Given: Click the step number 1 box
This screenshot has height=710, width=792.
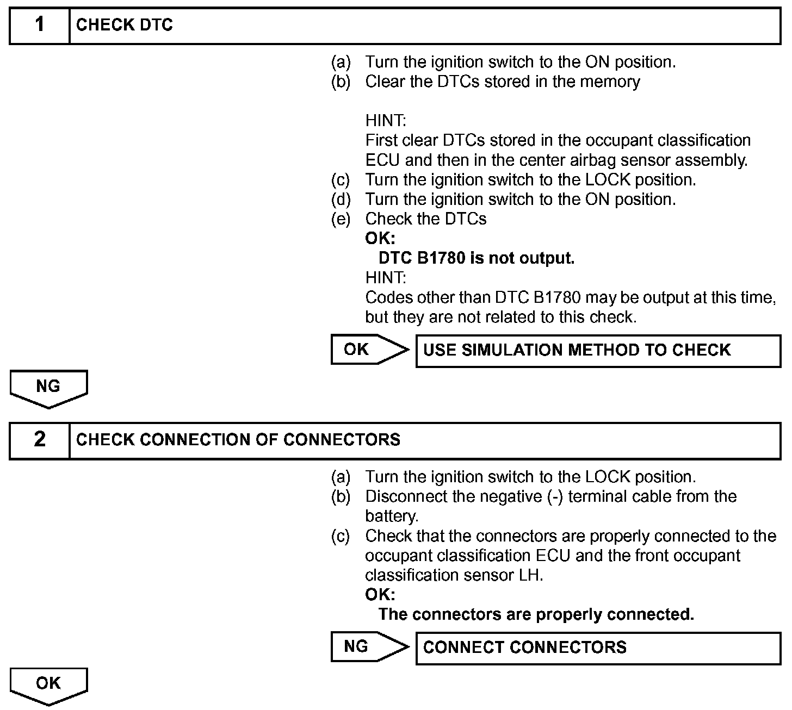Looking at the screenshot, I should tap(40, 25).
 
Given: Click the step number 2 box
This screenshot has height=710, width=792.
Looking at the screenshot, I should tap(40, 440).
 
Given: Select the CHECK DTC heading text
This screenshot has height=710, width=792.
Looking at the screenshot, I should tap(124, 25).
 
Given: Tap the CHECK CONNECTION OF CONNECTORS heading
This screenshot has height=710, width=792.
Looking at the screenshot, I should tap(238, 440).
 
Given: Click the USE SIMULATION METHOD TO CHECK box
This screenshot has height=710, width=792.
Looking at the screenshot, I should tap(598, 351).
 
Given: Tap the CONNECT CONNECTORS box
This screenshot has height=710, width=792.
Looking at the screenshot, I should tap(598, 647).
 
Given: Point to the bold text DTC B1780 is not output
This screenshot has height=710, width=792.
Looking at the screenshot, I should tap(476, 258).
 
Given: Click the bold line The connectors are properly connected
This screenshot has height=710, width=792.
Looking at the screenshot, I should tap(536, 614).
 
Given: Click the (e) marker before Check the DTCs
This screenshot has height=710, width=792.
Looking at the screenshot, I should tap(341, 219).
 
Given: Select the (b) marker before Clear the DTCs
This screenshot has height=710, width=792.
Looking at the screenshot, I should tap(341, 82).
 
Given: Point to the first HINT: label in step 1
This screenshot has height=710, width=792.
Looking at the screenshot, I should tap(386, 121).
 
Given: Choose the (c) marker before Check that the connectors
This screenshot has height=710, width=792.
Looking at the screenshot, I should tap(341, 536).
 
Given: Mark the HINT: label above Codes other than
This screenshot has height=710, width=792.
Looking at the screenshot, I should tap(386, 278).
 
